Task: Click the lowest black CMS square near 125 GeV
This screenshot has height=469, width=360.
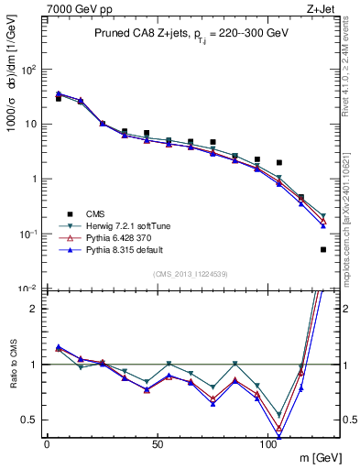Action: coord(323,249)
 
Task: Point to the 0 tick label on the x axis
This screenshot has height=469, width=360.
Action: coord(47,444)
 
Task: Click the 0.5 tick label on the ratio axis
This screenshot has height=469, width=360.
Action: coord(28,420)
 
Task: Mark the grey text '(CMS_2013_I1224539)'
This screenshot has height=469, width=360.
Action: coord(191,274)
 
